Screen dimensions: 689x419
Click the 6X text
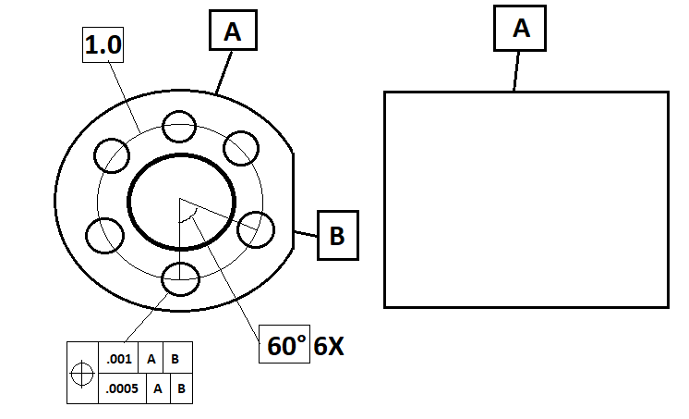329,346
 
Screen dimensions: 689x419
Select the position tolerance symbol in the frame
82,374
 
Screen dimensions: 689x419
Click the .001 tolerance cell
118,358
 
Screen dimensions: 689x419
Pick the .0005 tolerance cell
122,388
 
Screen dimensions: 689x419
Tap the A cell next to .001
151,358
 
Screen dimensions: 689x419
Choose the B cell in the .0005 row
181,388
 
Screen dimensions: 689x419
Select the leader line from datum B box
306,234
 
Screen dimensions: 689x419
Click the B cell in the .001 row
175,358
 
